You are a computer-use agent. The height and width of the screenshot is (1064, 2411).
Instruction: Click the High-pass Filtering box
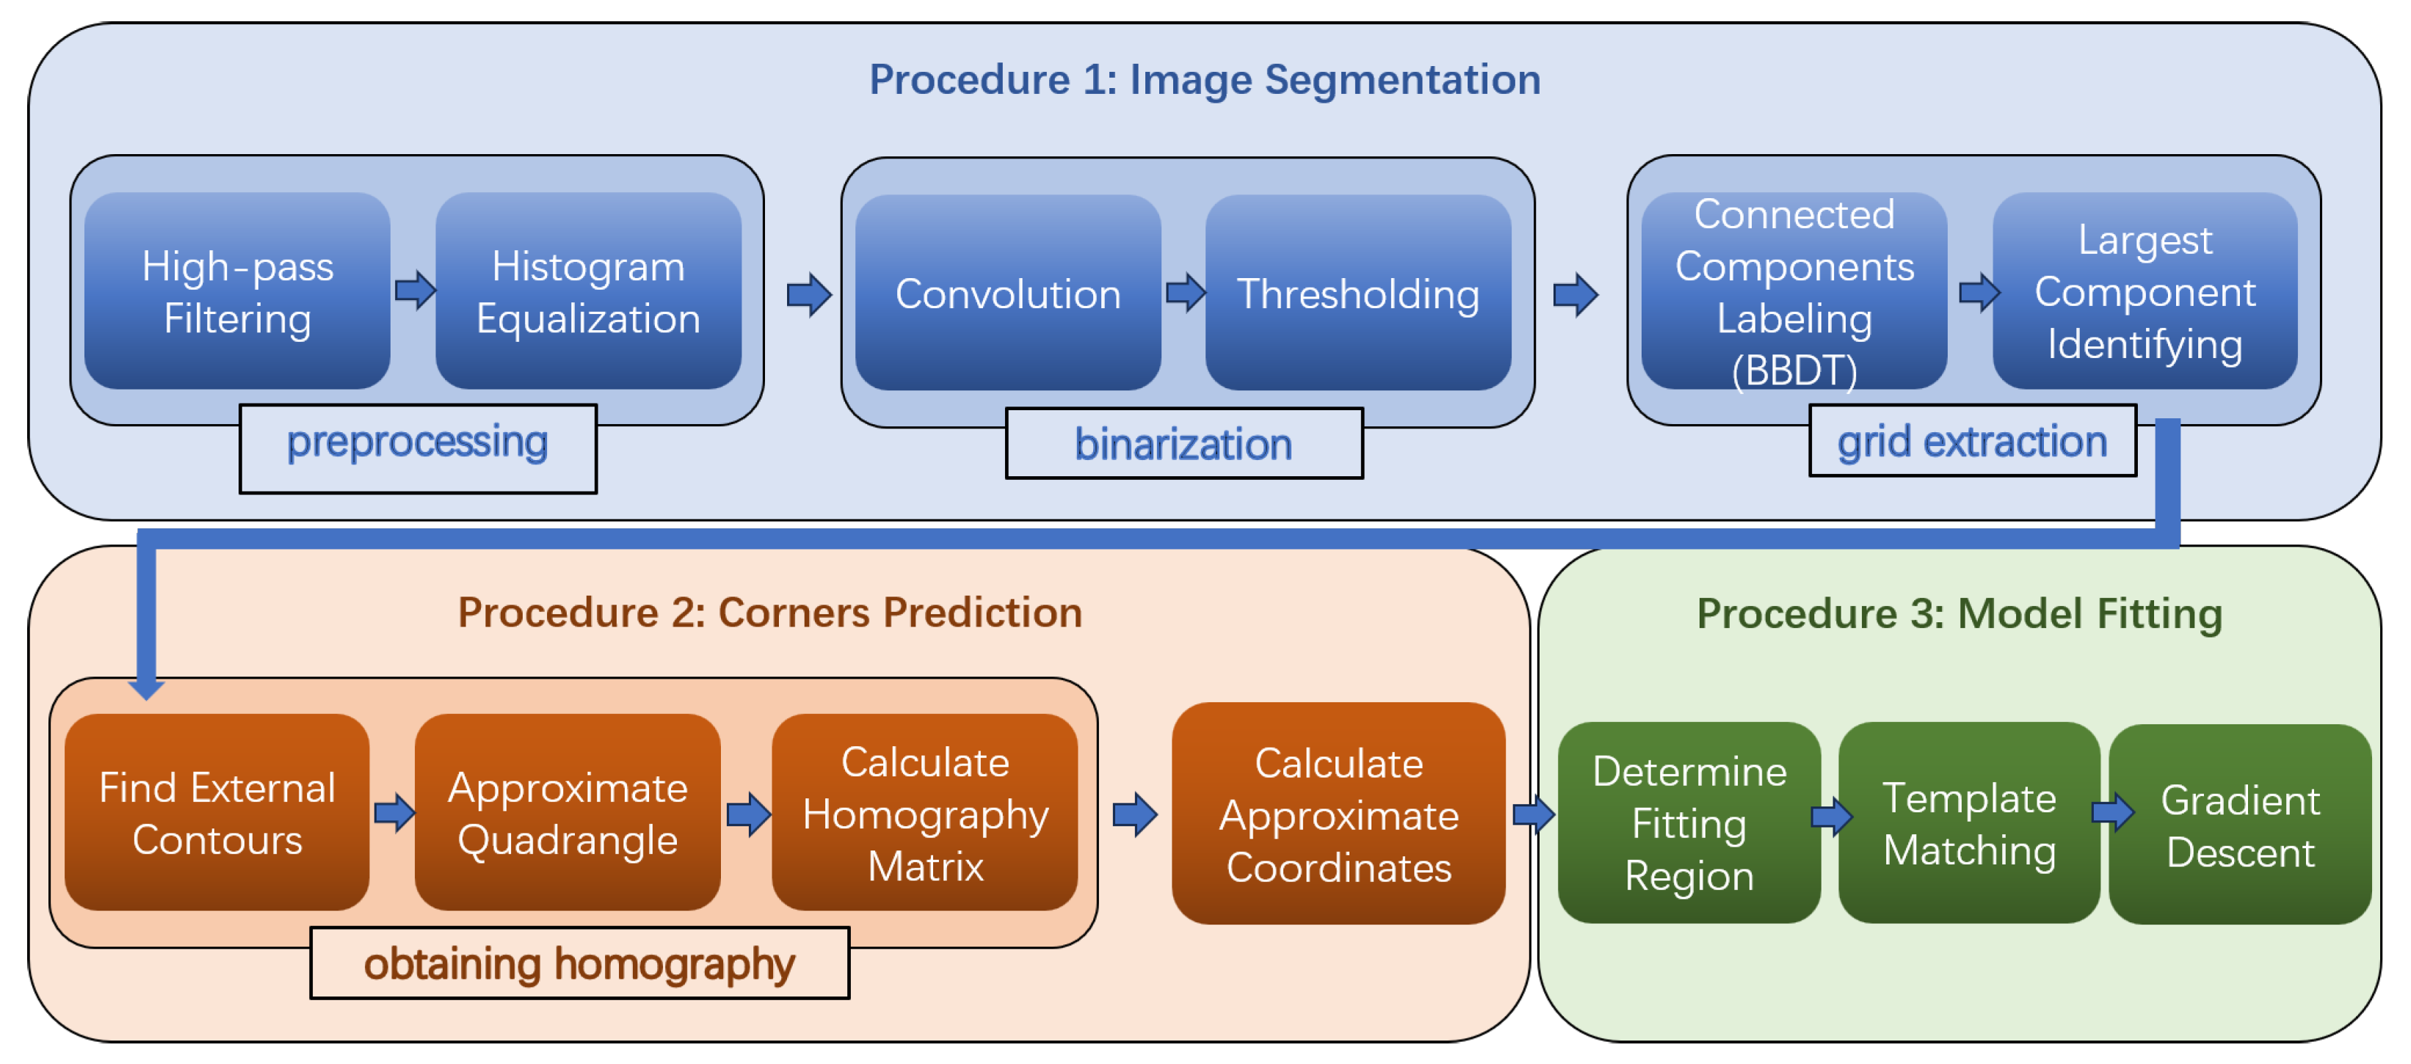click(237, 291)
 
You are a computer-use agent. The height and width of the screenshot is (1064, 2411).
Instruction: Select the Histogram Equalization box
click(588, 291)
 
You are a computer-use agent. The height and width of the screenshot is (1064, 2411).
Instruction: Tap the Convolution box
click(1007, 293)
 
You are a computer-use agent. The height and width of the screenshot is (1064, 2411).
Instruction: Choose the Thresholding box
click(1357, 293)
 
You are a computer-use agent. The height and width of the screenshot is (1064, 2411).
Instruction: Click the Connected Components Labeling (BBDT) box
click(1794, 291)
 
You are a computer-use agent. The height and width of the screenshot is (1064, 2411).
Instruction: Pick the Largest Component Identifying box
click(2144, 291)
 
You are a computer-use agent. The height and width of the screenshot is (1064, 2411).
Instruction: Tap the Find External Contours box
click(217, 812)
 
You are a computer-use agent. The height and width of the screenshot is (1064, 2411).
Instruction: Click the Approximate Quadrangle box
click(568, 812)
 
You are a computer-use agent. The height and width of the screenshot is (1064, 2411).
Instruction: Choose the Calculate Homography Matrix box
click(925, 812)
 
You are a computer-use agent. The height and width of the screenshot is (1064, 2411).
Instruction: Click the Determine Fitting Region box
click(1689, 823)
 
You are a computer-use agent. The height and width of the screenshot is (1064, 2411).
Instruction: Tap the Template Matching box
click(1968, 823)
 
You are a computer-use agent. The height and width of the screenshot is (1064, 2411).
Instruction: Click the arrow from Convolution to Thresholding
click(1184, 293)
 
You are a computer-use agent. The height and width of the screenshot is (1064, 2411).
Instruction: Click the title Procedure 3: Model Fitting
click(1959, 614)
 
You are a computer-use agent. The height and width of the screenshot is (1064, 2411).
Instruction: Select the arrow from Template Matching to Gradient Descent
click(2112, 812)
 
